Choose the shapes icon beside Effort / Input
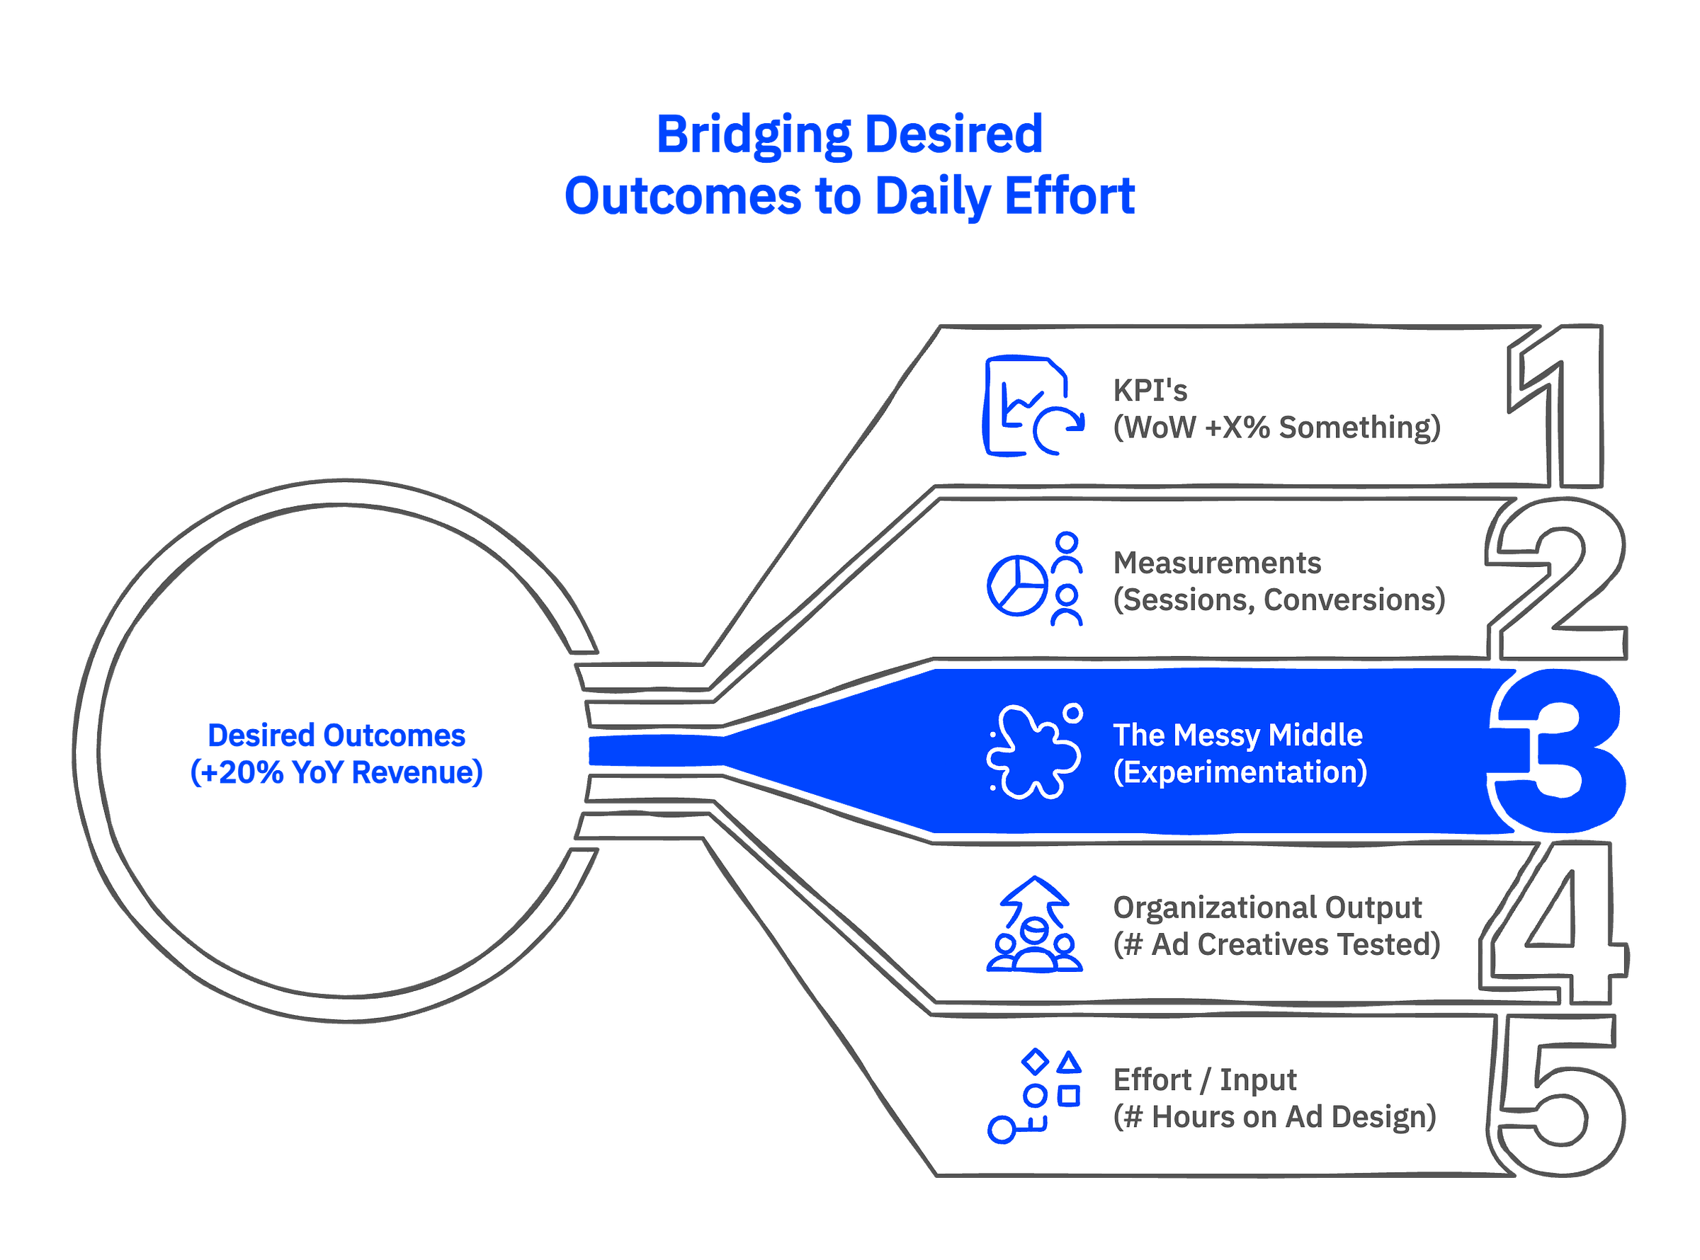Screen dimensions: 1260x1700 [1034, 1096]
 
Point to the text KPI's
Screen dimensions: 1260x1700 [1150, 391]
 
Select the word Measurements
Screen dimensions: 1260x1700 [1217, 563]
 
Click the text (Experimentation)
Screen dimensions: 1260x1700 [1240, 772]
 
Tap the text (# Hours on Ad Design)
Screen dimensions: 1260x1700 [1274, 1116]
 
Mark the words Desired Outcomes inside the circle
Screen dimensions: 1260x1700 [336, 735]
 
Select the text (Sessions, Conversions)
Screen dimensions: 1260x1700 [1279, 600]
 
